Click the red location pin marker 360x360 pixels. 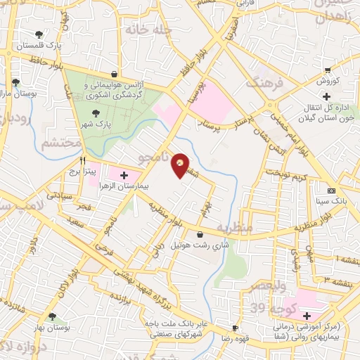[x=181, y=165]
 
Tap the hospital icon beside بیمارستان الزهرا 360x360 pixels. [x=124, y=174]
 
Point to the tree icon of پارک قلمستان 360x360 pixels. [x=39, y=33]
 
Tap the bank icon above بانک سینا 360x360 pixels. [x=331, y=191]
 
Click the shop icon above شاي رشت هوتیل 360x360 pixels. [x=201, y=234]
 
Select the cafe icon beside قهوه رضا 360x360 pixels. [x=235, y=328]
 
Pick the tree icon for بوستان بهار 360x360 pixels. [x=51, y=317]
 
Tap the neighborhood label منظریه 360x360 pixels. [x=233, y=228]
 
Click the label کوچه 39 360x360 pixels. [x=260, y=308]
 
